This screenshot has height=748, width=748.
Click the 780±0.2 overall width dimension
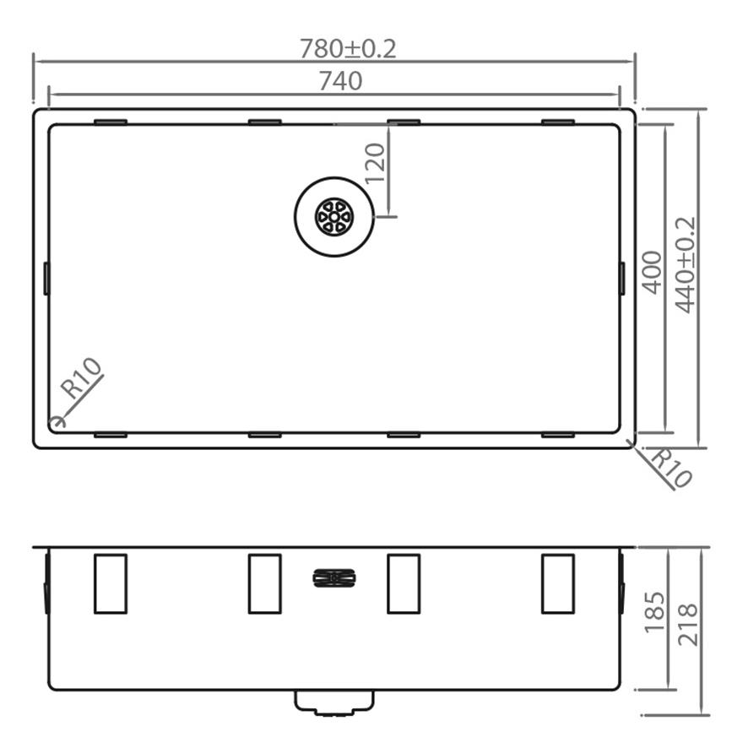pyautogui.click(x=348, y=49)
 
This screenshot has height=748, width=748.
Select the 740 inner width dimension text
pyautogui.click(x=340, y=81)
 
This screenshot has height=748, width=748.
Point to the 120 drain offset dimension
pyautogui.click(x=375, y=163)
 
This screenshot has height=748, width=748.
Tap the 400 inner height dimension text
pyautogui.click(x=652, y=272)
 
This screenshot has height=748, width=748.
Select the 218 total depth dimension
pyautogui.click(x=687, y=624)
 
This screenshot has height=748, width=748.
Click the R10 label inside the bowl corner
pyautogui.click(x=82, y=378)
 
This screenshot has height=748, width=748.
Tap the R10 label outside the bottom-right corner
pyautogui.click(x=672, y=469)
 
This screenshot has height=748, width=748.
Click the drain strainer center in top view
pyautogui.click(x=333, y=217)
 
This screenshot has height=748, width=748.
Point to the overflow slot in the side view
pyautogui.click(x=334, y=578)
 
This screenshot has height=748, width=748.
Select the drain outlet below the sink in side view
pyautogui.click(x=334, y=702)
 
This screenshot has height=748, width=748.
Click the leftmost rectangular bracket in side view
pyautogui.click(x=111, y=583)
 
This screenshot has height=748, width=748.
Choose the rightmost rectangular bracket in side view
pyautogui.click(x=558, y=583)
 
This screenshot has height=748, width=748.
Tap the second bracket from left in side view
pyautogui.click(x=264, y=583)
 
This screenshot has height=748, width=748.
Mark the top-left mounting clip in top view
pyautogui.click(x=111, y=122)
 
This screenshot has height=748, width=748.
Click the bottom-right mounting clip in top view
pyautogui.click(x=558, y=436)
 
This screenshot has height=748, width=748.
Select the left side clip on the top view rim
pyautogui.click(x=46, y=278)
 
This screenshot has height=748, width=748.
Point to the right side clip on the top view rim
pyautogui.click(x=622, y=278)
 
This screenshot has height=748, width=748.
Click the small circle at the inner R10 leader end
pyautogui.click(x=57, y=420)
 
